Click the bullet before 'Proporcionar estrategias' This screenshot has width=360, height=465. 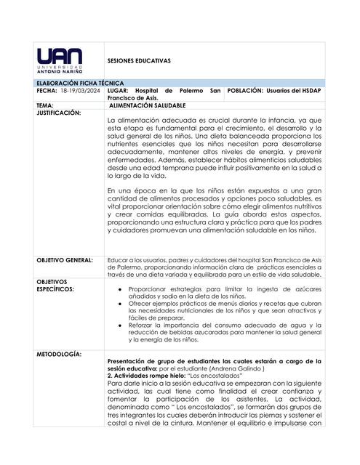(119, 288)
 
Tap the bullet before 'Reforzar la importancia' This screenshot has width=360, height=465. (119, 325)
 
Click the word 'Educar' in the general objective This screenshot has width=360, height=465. (117, 259)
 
